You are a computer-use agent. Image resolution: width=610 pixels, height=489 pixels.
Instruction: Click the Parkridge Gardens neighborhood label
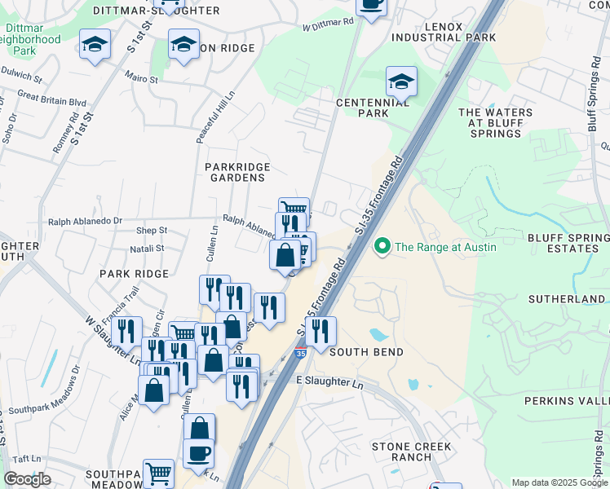click(237, 173)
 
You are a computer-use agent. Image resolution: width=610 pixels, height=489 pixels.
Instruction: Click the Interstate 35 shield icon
click(301, 353)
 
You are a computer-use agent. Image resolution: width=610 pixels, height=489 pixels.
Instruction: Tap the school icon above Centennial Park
click(401, 81)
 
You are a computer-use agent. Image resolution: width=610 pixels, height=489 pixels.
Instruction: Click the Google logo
click(27, 479)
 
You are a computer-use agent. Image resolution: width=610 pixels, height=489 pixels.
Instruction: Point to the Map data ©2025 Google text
click(559, 482)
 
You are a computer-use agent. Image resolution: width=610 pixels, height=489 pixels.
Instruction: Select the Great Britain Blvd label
click(51, 102)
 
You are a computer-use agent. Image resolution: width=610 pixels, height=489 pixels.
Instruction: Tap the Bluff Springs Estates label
click(568, 242)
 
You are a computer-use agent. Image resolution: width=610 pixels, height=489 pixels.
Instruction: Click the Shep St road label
click(152, 231)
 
